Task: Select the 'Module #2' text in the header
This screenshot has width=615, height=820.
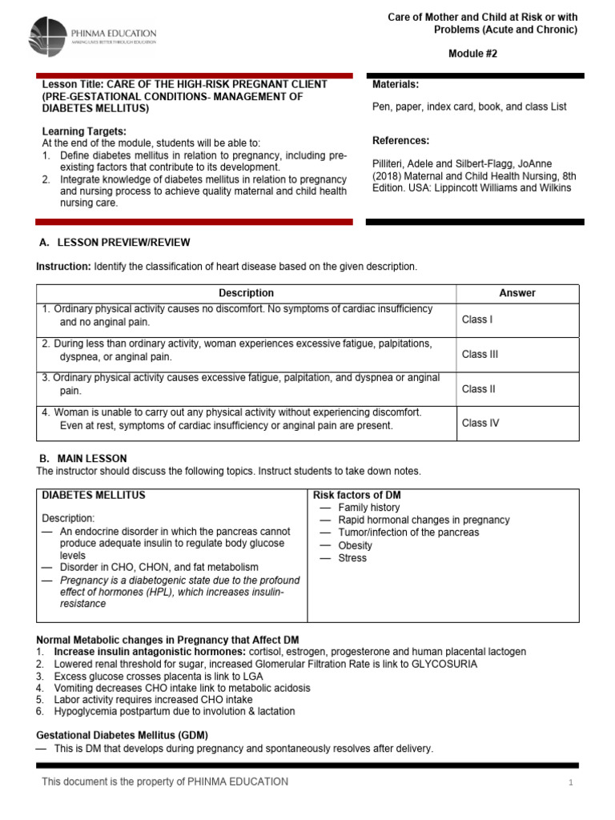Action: [477, 53]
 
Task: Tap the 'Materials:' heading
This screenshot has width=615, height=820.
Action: [396, 85]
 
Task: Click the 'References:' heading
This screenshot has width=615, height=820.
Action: [401, 141]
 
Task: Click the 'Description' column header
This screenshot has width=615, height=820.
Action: [246, 293]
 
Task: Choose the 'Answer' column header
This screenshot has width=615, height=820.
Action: [517, 293]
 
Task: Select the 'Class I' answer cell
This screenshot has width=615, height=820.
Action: [477, 320]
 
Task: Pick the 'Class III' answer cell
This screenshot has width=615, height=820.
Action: [480, 354]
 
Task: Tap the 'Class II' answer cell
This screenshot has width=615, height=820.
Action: [479, 389]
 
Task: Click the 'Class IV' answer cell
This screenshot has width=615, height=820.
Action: [480, 423]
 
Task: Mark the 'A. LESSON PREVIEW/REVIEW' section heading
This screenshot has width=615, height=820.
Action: [115, 243]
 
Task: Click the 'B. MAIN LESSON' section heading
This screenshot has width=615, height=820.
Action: [83, 458]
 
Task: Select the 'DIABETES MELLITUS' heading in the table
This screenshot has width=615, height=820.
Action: [94, 495]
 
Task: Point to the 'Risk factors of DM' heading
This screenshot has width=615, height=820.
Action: [357, 495]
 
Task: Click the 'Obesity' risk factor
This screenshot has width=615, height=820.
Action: [356, 545]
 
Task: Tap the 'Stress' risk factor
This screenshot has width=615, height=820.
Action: [352, 558]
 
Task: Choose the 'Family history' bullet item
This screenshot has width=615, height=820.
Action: [368, 508]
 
